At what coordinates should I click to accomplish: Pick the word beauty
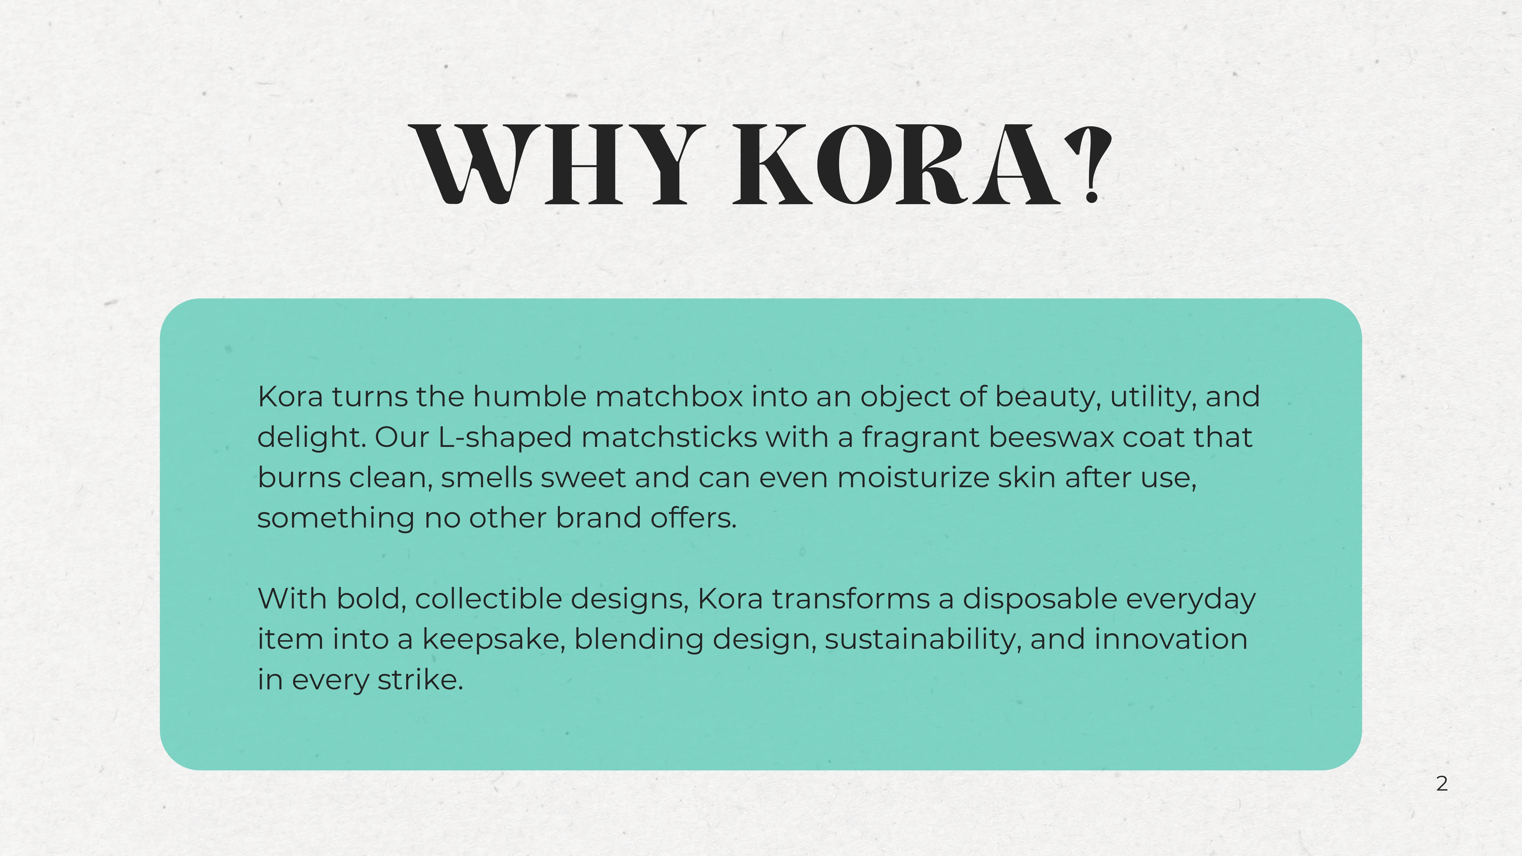(1048, 398)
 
